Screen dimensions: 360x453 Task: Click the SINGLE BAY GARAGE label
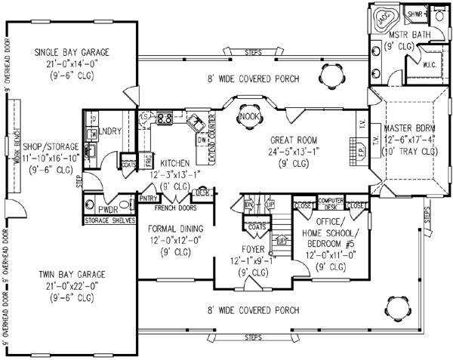click(72, 52)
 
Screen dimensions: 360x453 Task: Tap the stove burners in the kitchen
click(165, 118)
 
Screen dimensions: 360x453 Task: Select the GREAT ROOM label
click(295, 140)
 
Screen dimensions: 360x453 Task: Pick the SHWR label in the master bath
click(414, 14)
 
